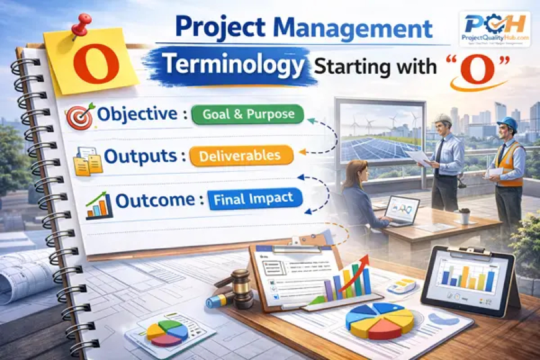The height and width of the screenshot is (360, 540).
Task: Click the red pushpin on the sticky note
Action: [x=81, y=25]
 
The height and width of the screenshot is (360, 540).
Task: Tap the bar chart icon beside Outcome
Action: [x=99, y=205]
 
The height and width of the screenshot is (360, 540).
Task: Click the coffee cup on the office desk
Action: [x=464, y=215]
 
